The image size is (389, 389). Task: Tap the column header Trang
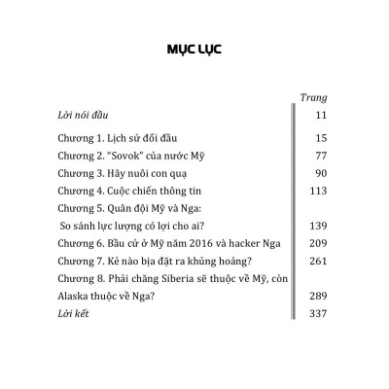point(314,97)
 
